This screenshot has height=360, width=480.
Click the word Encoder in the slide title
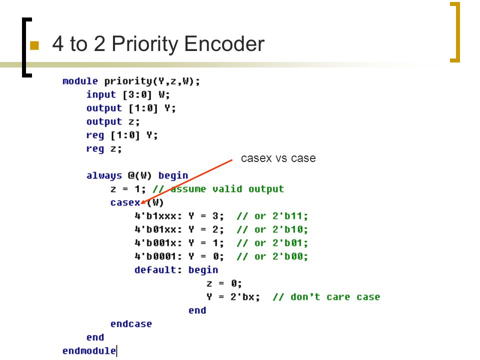(224, 43)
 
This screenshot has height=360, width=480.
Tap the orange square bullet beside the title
(34, 45)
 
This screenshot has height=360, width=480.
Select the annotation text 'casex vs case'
(278, 158)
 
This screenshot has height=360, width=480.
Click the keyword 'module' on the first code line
(80, 81)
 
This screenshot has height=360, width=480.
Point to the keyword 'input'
(101, 94)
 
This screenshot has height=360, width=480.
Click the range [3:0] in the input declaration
(137, 94)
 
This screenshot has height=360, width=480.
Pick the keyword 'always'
(104, 175)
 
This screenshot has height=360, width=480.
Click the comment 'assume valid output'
(227, 189)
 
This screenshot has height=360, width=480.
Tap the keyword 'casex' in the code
(125, 202)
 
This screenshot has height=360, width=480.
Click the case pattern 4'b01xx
(155, 229)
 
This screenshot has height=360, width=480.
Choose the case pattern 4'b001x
(155, 243)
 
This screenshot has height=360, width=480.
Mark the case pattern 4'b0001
(155, 256)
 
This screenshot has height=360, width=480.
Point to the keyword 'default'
(155, 270)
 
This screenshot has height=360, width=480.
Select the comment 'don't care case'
(335, 297)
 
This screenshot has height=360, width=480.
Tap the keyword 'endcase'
(131, 324)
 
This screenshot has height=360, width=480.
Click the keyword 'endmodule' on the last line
(89, 351)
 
